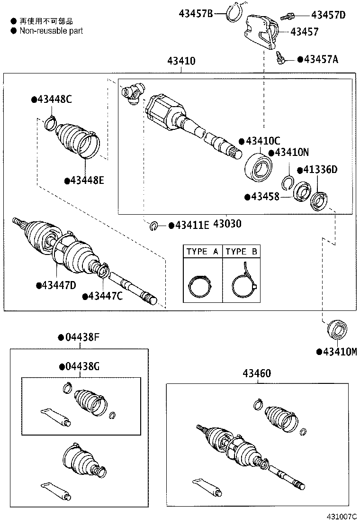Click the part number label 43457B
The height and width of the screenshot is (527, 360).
(x=196, y=14)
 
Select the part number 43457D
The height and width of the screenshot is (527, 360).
(x=328, y=16)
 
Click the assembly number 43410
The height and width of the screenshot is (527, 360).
(x=181, y=61)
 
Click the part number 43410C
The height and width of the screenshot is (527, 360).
(x=263, y=141)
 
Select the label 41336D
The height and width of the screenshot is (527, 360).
(x=320, y=170)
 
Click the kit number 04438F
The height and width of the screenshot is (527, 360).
(x=81, y=337)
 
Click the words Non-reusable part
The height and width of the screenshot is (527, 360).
(x=51, y=30)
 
